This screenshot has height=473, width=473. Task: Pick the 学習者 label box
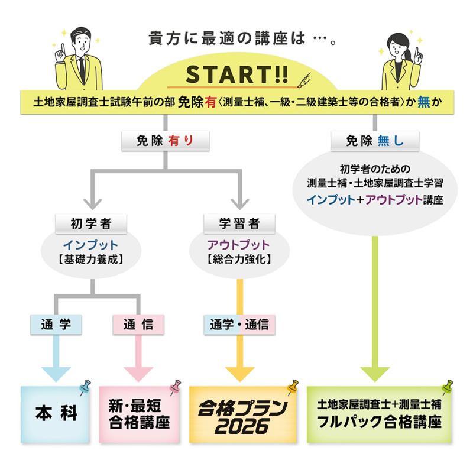[239, 224]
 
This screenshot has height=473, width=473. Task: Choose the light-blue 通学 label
[56, 323]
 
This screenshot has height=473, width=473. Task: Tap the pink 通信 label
[138, 323]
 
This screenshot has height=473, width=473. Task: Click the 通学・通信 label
[239, 323]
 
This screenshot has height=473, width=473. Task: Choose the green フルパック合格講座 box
[379, 414]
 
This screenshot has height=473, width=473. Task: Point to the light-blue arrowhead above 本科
[56, 373]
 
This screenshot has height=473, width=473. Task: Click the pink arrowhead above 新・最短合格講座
[138, 373]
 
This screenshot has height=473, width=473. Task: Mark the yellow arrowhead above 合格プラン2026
[239, 373]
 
